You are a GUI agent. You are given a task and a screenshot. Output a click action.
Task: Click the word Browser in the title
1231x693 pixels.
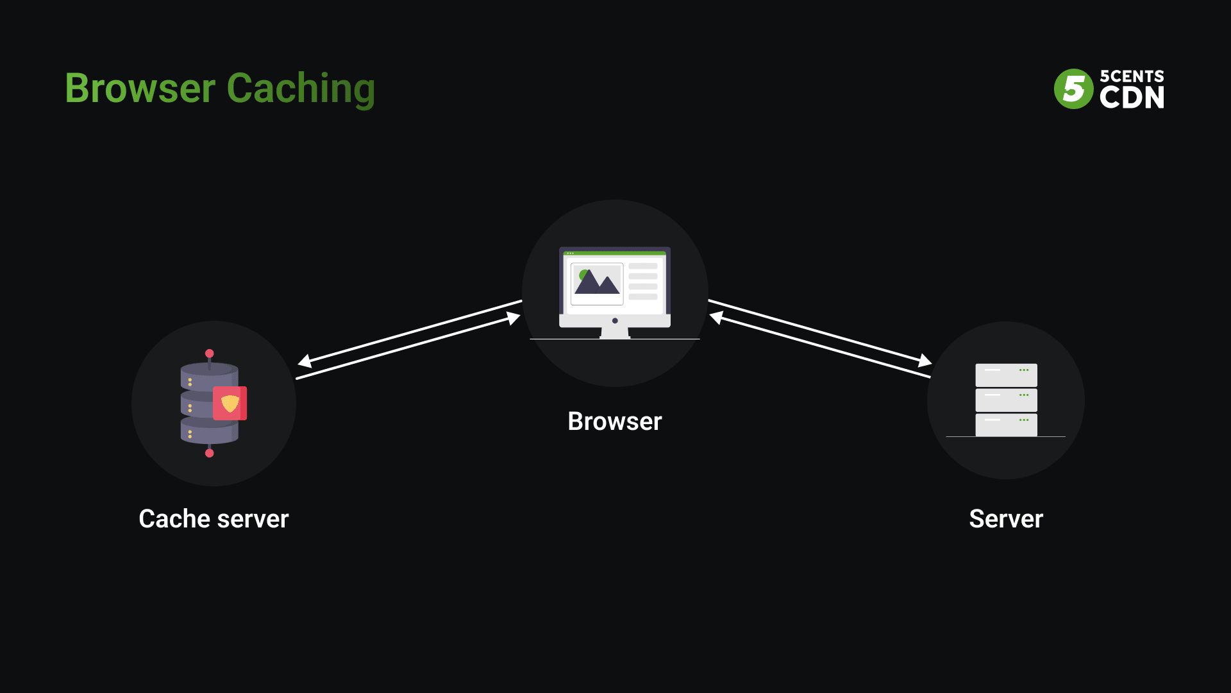click(140, 89)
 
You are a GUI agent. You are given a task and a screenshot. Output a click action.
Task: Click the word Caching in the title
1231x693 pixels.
click(300, 89)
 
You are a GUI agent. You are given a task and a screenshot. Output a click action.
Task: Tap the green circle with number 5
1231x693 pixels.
click(1073, 89)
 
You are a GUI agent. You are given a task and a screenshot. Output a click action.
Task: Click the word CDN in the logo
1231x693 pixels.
click(1132, 98)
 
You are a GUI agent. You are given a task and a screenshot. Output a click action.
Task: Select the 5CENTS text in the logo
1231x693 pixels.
click(1132, 76)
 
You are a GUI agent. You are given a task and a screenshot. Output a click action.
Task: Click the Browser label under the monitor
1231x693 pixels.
click(614, 422)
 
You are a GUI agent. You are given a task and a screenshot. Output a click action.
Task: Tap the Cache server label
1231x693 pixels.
click(214, 518)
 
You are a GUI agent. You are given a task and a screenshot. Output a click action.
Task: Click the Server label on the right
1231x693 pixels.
click(1005, 518)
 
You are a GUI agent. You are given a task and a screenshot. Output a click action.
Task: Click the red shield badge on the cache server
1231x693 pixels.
click(230, 403)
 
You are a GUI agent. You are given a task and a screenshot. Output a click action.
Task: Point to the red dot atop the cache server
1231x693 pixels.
click(209, 354)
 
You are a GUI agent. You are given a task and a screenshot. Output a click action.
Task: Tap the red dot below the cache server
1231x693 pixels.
click(209, 453)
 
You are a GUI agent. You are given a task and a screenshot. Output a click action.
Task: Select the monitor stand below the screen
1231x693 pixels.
click(614, 332)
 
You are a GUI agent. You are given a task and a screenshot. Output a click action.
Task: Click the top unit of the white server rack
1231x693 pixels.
click(1006, 375)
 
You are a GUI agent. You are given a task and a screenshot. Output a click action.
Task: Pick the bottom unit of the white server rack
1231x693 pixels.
click(1006, 425)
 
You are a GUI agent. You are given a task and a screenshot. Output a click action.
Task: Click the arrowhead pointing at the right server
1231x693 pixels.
click(925, 361)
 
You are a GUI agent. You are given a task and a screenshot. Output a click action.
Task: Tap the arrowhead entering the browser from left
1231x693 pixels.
click(514, 318)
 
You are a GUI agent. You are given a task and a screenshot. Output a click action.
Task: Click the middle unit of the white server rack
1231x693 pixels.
click(1006, 400)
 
